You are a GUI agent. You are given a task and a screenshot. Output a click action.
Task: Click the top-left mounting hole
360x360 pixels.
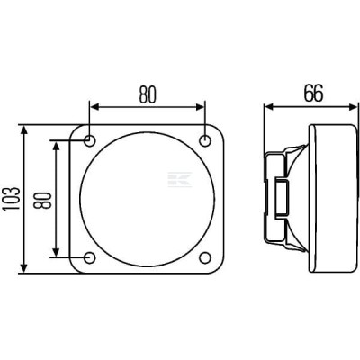pyautogui.click(x=89, y=140)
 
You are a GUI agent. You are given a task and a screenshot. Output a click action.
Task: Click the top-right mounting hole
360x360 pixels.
pyautogui.click(x=205, y=140)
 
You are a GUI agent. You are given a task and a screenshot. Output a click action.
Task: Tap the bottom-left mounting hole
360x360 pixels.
pyautogui.click(x=89, y=257)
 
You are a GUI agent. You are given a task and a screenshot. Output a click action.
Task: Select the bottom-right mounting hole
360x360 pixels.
pyautogui.click(x=205, y=257)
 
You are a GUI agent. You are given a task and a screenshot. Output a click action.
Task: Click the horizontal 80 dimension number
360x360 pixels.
pyautogui.click(x=148, y=94)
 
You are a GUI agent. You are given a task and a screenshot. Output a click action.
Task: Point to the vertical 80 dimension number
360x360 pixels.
pyautogui.click(x=42, y=201)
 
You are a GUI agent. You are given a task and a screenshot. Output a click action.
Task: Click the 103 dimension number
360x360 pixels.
pyautogui.click(x=12, y=199)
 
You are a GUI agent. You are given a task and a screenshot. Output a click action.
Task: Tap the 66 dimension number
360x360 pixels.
pyautogui.click(x=313, y=93)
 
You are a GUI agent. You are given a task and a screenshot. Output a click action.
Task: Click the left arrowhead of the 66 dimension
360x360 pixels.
pyautogui.click(x=269, y=107)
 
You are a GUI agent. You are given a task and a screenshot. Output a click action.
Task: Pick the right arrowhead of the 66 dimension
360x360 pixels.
pyautogui.click(x=353, y=107)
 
